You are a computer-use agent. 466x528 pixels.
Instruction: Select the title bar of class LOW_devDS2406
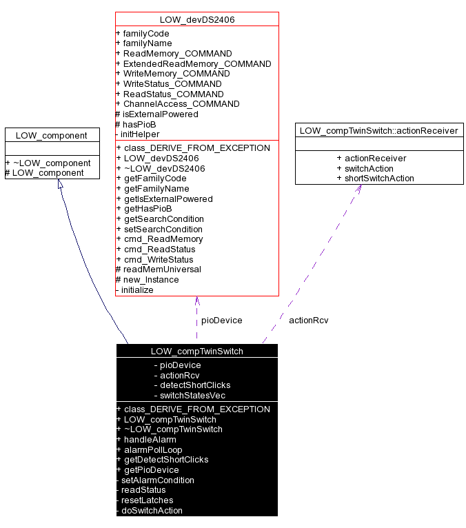(x=196, y=19)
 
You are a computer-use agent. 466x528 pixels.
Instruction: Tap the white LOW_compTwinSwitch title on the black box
(x=196, y=351)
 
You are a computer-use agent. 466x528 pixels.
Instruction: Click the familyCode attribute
(x=145, y=33)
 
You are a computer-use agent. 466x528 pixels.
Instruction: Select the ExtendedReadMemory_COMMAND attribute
(x=196, y=63)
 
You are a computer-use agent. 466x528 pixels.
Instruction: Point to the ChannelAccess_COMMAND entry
(x=181, y=104)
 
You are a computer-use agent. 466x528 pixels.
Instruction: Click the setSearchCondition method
(x=163, y=229)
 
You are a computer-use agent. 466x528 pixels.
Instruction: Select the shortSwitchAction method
(x=379, y=178)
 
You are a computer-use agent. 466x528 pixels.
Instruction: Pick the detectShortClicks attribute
(x=195, y=385)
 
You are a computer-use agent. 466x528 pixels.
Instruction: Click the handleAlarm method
(x=150, y=439)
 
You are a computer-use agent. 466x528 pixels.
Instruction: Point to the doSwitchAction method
(x=152, y=510)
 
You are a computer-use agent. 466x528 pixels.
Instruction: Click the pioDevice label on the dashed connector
(x=221, y=320)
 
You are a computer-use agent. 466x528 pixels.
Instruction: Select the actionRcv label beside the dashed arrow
(x=308, y=320)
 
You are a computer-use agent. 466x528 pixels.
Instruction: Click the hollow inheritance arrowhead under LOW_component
(x=60, y=185)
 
